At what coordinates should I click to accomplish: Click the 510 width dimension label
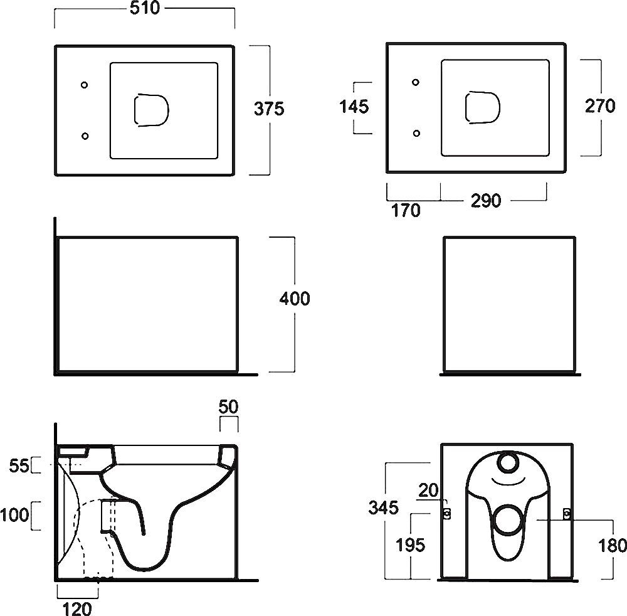(144, 8)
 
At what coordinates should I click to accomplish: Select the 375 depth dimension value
(269, 109)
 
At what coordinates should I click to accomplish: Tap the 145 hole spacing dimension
(354, 107)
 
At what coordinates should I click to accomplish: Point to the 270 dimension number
(600, 106)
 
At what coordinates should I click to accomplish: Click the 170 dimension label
(406, 211)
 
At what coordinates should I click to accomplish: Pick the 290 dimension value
(486, 201)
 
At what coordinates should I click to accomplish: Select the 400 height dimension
(294, 299)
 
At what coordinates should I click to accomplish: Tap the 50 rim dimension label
(229, 406)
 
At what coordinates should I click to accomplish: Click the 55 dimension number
(19, 465)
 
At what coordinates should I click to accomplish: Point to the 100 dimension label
(15, 515)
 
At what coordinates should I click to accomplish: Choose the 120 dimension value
(78, 608)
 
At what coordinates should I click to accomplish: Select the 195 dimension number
(411, 544)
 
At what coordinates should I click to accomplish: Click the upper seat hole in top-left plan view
(85, 84)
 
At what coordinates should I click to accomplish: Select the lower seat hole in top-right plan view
(416, 132)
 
